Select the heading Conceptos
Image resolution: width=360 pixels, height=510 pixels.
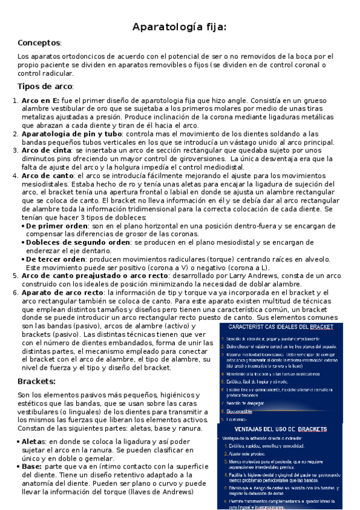click(x=39, y=43)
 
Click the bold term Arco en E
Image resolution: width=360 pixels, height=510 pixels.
click(x=40, y=100)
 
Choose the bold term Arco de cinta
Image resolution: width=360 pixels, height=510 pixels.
click(x=45, y=150)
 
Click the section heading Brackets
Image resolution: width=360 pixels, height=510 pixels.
click(x=37, y=381)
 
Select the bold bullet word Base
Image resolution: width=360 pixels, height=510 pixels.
click(x=31, y=467)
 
